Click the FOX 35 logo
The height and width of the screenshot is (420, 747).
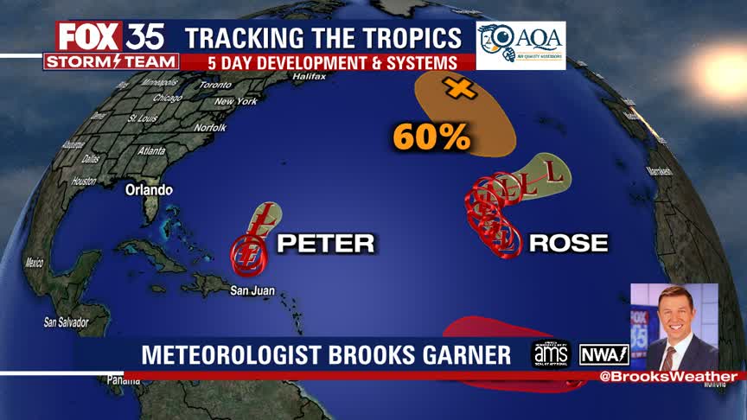tap(112, 38)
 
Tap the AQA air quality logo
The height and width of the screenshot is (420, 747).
tap(520, 43)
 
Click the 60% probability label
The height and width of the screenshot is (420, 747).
tap(431, 136)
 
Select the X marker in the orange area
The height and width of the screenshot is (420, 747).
tap(460, 87)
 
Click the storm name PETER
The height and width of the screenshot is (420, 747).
tap(325, 244)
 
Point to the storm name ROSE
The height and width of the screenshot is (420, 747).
tap(568, 244)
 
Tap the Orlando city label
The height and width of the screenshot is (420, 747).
tap(149, 190)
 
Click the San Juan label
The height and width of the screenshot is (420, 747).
tap(252, 291)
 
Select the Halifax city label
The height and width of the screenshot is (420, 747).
tap(309, 76)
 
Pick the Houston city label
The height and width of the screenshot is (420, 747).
tap(84, 181)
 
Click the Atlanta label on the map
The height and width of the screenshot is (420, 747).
tap(151, 150)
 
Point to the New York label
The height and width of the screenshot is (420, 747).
tap(236, 102)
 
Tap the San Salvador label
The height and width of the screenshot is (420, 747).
tap(66, 322)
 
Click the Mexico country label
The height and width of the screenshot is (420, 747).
tap(35, 262)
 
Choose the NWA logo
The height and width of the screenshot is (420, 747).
tap(604, 354)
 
